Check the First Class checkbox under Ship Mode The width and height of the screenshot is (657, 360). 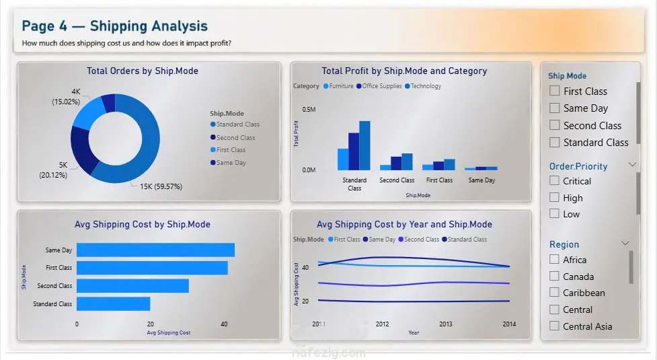pos(554,91)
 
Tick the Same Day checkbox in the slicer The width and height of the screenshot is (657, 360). pos(554,108)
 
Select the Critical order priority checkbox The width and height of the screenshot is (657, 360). pos(554,180)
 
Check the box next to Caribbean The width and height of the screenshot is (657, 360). pos(554,292)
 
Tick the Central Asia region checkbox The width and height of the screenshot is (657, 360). pos(554,326)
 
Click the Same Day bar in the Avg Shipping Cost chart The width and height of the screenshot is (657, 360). pos(155,250)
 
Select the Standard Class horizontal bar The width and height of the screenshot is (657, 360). pos(113,304)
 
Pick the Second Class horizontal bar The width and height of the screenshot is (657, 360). pos(132,286)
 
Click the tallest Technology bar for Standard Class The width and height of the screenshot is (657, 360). pos(364,145)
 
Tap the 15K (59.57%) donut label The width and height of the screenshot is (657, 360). pos(161,186)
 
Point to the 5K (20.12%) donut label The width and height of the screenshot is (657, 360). pos(53,170)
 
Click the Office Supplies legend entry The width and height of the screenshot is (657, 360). pos(379,86)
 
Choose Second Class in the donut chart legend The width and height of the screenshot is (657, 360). pos(233,137)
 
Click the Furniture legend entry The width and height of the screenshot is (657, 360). pos(338,86)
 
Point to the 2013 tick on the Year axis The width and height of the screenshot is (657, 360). pos(445,324)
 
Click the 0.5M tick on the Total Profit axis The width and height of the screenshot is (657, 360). pos(309,110)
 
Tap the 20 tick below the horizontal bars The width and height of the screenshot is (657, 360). pos(151,324)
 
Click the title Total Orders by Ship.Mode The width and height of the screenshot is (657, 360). pos(143,71)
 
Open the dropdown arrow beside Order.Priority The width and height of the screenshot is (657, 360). pos(632,165)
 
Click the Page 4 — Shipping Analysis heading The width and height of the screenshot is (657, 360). pos(115,26)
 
